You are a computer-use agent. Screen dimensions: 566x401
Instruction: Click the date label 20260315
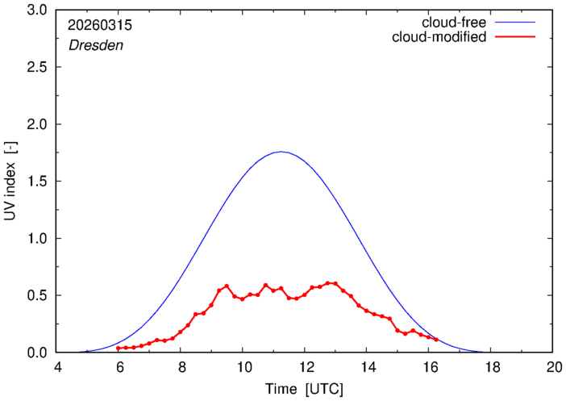[x=100, y=25]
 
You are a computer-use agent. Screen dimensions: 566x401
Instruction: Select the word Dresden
[x=96, y=45]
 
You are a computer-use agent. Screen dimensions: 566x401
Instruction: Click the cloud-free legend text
[x=454, y=23]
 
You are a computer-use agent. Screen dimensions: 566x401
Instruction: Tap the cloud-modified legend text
[x=439, y=37]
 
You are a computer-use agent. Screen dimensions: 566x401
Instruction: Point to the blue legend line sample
[x=515, y=23]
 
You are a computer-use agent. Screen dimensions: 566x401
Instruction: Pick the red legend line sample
[x=515, y=37]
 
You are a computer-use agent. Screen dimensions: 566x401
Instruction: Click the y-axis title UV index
[x=10, y=181]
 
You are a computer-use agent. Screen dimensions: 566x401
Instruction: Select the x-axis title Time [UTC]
[x=304, y=389]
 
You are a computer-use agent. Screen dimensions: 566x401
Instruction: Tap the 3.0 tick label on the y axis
[x=37, y=10]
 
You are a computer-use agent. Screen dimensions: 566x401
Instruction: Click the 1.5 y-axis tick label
[x=37, y=182]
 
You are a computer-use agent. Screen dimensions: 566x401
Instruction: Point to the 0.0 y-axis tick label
[x=37, y=353]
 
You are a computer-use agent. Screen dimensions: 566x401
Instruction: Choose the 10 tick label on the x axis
[x=243, y=367]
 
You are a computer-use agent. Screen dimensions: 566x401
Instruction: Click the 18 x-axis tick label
[x=491, y=367]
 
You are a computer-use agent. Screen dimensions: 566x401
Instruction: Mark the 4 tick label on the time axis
[x=57, y=367]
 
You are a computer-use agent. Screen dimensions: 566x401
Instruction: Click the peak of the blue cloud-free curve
[x=281, y=152]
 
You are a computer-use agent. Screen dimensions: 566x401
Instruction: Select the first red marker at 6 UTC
[x=118, y=349]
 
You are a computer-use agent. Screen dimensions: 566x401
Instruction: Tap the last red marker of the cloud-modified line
[x=436, y=340]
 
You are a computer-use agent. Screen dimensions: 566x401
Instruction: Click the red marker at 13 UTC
[x=335, y=283]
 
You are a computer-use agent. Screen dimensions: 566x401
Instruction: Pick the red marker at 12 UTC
[x=305, y=294]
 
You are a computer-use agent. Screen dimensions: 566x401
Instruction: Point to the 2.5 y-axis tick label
[x=37, y=67]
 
